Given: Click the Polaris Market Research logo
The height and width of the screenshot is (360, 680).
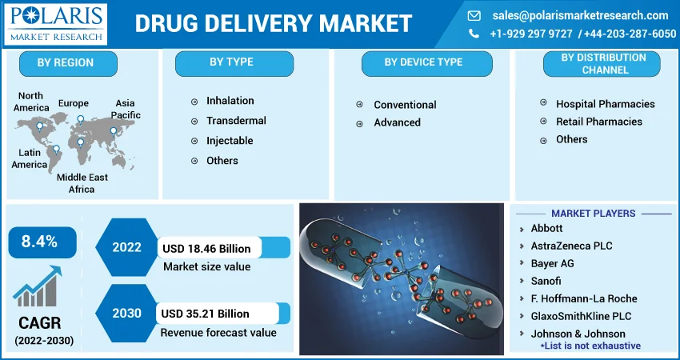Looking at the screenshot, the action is (55, 24).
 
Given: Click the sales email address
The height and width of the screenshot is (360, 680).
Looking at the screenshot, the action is (580, 16).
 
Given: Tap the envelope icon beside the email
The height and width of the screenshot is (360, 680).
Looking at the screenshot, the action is (474, 16).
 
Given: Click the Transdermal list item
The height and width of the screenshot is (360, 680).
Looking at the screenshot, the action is (236, 121).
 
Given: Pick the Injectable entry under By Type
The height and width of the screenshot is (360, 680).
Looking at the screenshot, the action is (230, 141).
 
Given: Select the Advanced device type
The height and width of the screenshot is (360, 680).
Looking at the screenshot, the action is (397, 122).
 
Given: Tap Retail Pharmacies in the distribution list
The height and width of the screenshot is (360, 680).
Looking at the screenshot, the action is (599, 122).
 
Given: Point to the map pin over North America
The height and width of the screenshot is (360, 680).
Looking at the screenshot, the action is (39, 126).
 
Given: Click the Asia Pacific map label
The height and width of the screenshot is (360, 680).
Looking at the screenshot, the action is (126, 109).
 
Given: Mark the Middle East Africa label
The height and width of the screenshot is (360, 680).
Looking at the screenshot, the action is (82, 183).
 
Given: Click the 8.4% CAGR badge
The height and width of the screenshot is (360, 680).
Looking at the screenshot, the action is (42, 242).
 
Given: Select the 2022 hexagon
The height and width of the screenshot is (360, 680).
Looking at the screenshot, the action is (126, 247).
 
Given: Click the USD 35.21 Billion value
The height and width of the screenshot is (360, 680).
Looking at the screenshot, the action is (205, 314).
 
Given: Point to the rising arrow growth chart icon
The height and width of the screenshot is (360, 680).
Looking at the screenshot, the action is (38, 286).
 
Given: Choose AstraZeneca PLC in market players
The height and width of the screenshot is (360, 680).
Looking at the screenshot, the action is (571, 246).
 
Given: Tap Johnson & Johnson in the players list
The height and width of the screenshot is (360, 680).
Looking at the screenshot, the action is (578, 334).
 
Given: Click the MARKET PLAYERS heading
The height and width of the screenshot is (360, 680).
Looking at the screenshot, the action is (594, 214).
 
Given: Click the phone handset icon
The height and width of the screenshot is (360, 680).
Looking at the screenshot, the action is (474, 34).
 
